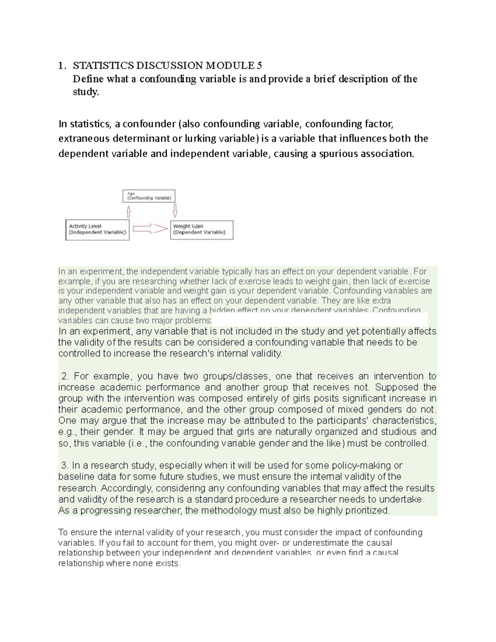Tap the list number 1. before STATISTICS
(62, 65)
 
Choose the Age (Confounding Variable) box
(149, 196)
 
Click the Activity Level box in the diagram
(97, 229)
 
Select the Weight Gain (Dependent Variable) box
(202, 229)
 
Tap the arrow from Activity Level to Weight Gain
(150, 229)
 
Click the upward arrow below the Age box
(129, 211)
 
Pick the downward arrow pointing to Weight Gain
(175, 210)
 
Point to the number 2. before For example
(64, 376)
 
